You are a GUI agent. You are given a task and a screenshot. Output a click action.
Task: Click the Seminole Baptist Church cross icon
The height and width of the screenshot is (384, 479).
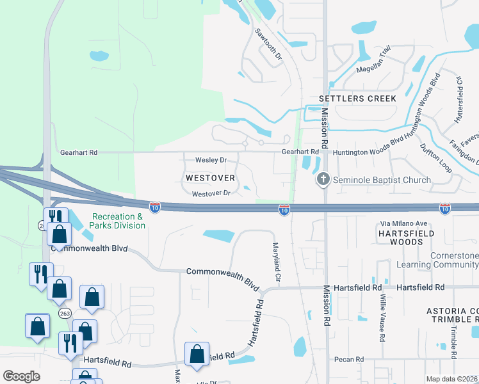coord(323,180)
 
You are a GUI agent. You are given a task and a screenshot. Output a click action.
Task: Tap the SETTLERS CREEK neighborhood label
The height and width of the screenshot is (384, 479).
coord(357,99)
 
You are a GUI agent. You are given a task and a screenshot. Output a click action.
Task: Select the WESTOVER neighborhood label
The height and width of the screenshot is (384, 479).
coord(210,177)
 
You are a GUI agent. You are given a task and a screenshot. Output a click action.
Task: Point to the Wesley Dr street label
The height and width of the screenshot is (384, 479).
coord(211,160)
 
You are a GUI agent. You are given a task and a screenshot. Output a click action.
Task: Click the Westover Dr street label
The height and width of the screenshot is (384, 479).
coord(211,193)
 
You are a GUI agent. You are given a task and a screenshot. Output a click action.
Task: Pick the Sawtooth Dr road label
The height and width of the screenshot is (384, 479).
coord(268,44)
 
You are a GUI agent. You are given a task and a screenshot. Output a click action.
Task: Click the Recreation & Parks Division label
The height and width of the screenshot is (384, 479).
coord(118,221)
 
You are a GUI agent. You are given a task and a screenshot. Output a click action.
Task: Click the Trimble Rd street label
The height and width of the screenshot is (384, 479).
coord(453,342)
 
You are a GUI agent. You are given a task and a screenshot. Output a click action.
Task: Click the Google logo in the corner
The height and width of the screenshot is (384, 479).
coord(21,376)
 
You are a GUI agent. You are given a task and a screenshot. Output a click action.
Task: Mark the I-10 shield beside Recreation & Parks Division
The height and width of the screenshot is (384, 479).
coord(155,207)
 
